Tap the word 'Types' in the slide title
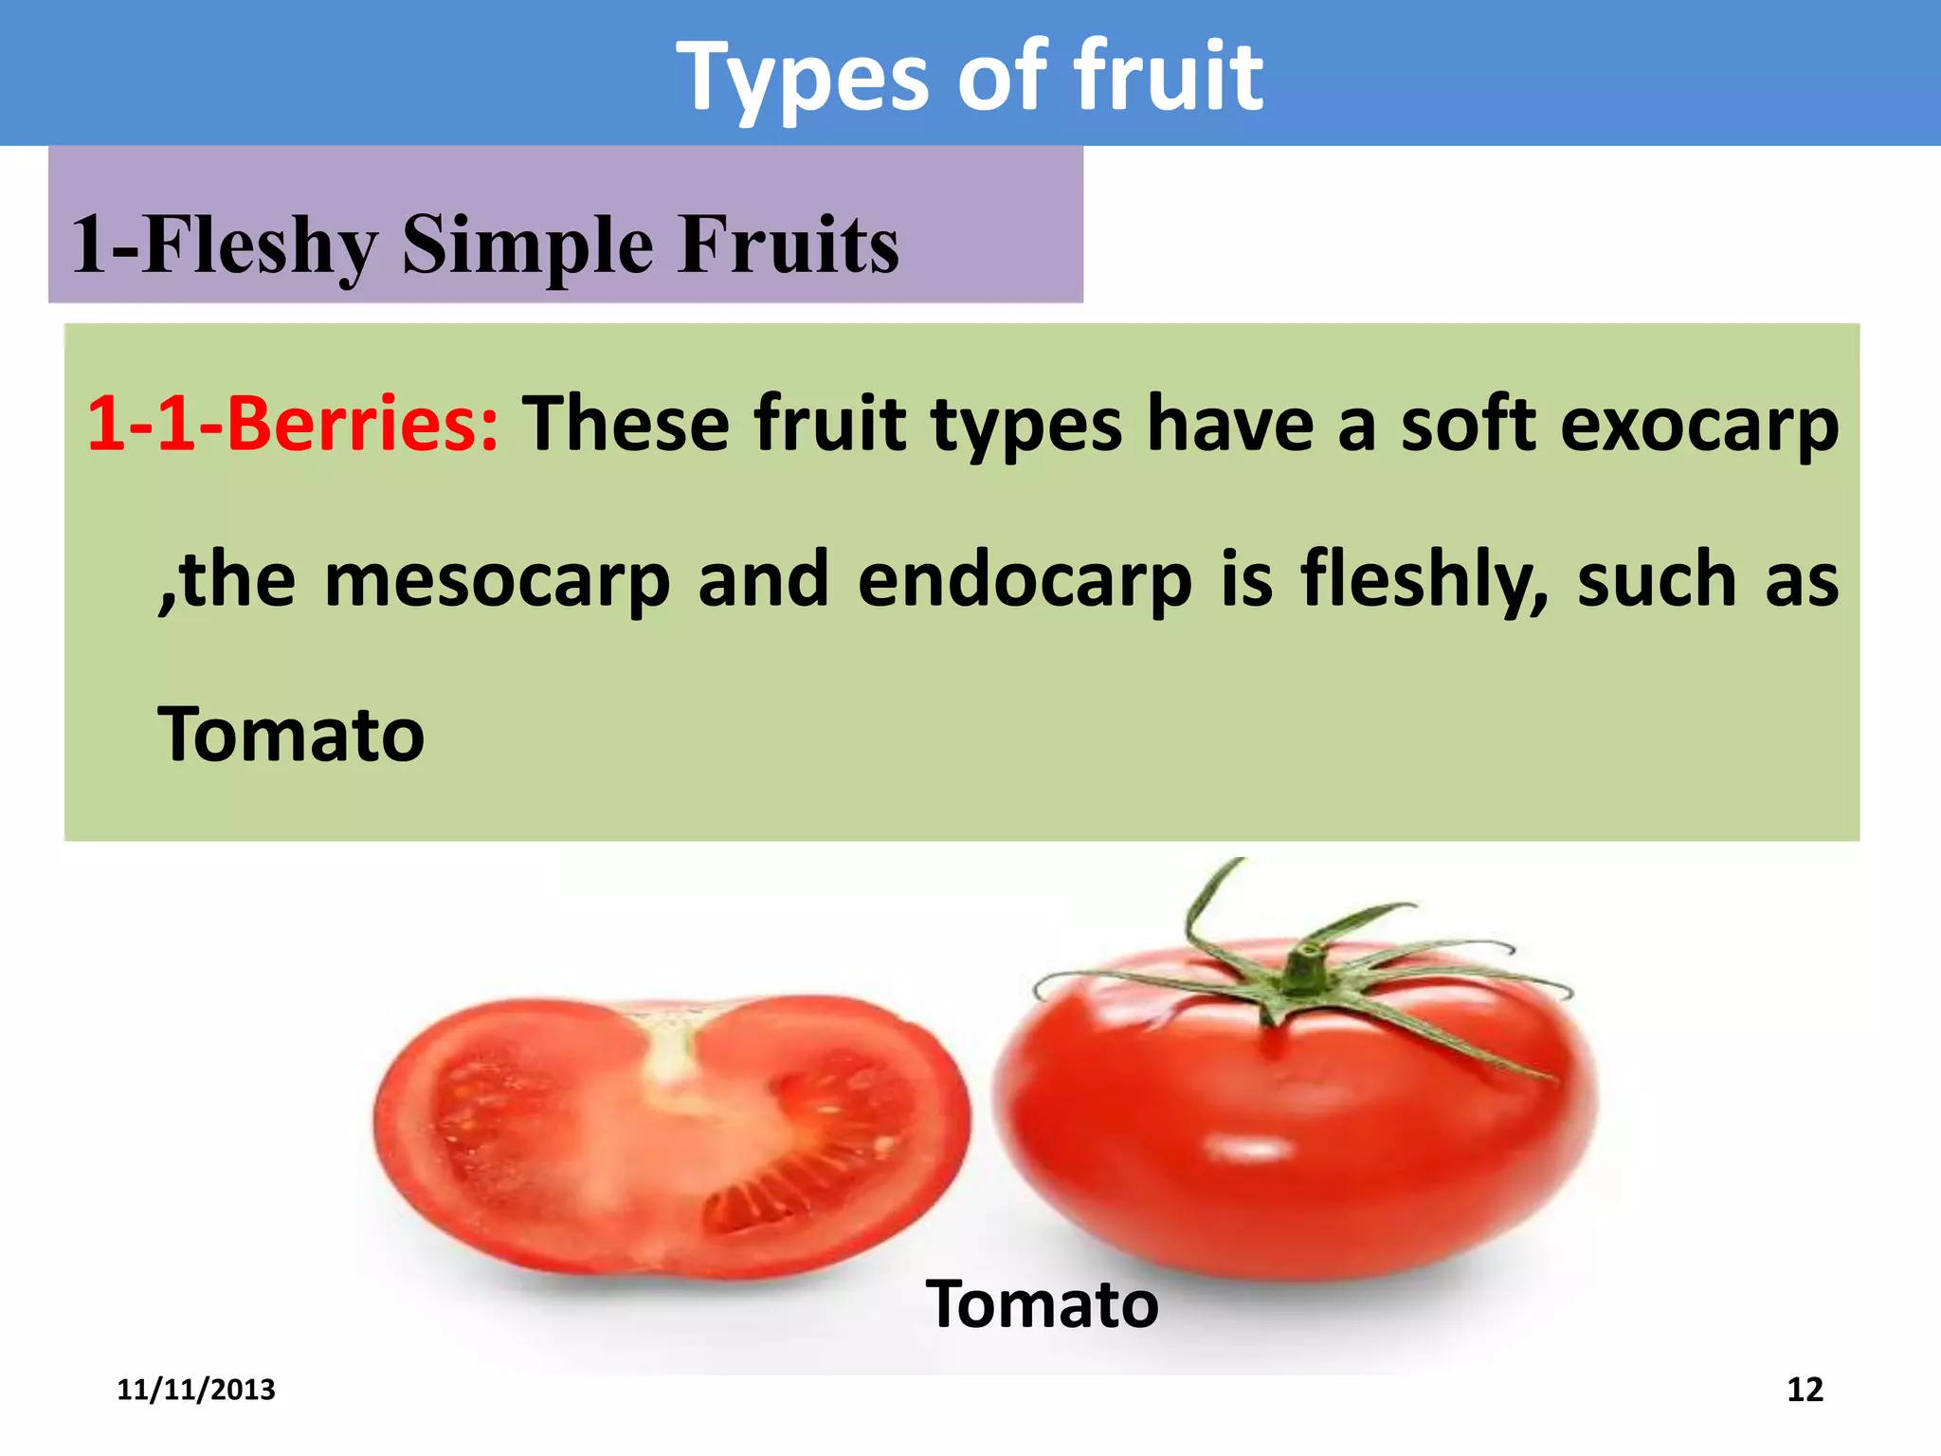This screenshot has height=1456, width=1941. [x=804, y=78]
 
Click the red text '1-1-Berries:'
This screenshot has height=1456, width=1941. [x=292, y=423]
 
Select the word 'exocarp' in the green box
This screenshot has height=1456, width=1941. [x=1698, y=425]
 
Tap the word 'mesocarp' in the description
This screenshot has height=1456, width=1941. [x=497, y=580]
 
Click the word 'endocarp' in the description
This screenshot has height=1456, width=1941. [x=1024, y=580]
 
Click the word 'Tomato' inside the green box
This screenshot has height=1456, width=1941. [x=291, y=735]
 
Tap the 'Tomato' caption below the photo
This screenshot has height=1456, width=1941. [x=1042, y=1304]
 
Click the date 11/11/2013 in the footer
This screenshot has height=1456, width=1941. [x=195, y=1390]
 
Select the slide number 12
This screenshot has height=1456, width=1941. [x=1804, y=1390]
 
